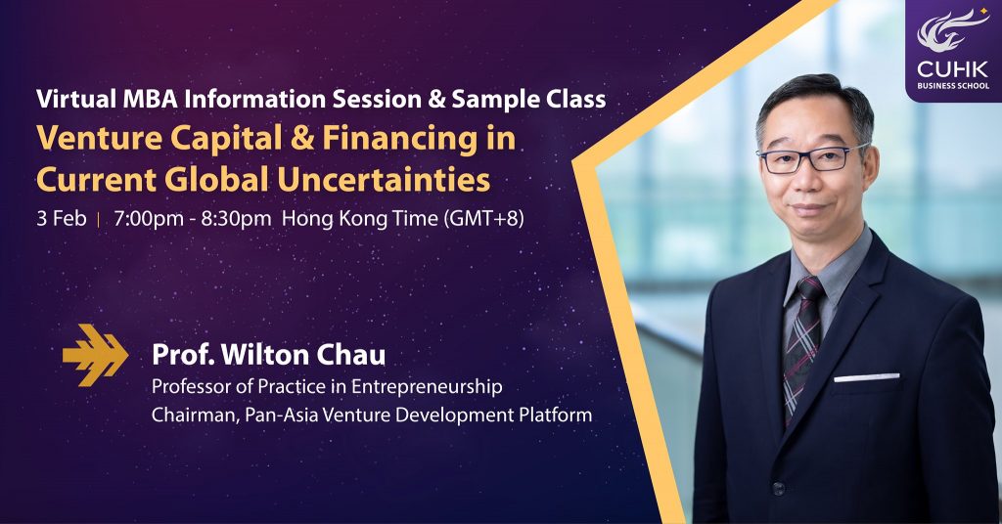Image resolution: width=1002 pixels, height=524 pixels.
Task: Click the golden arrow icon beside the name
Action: [95, 355]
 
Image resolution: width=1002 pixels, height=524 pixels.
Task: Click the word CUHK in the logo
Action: [953, 69]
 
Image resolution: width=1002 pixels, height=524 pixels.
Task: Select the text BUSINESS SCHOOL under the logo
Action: [953, 85]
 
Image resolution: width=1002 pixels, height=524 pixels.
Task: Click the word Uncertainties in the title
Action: [384, 179]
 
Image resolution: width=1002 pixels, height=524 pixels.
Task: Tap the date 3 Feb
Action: [62, 219]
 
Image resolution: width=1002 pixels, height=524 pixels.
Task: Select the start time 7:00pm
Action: [149, 219]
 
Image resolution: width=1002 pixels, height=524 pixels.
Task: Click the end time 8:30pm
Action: [236, 219]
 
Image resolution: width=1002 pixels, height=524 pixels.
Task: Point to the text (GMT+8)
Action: [483, 219]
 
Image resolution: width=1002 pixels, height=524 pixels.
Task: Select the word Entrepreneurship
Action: [427, 387]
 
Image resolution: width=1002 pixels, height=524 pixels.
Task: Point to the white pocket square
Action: [867, 377]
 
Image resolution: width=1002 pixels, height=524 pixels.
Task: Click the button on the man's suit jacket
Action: [778, 489]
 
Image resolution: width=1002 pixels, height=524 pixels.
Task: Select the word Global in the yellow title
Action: [216, 179]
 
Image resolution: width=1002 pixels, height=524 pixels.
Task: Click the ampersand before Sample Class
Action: [436, 99]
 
